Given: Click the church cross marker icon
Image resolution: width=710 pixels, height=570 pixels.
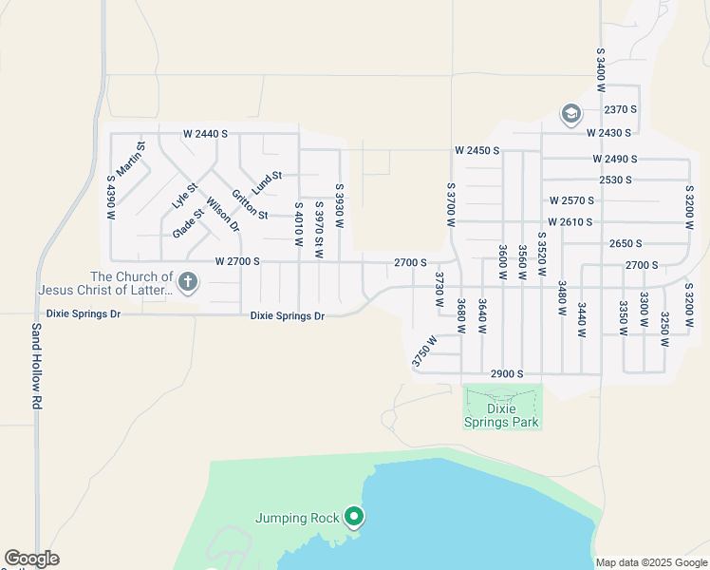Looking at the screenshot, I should point(188,281).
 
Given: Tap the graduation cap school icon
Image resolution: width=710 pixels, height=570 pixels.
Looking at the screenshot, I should point(570,115).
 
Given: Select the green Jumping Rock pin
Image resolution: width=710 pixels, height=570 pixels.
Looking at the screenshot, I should point(354,517).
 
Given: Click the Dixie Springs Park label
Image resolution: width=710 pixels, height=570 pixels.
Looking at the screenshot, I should point(501,415).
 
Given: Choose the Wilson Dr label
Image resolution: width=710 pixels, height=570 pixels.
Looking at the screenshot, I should point(222,215).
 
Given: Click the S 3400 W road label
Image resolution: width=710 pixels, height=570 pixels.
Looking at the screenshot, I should point(601,68).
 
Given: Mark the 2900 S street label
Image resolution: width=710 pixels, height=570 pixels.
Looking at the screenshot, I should point(508,374).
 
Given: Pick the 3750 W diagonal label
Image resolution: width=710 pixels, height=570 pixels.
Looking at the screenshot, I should point(424,351).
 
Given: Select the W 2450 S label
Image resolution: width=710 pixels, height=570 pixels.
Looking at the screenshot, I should point(476,150).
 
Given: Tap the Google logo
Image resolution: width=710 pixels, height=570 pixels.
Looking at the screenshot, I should point(31,560).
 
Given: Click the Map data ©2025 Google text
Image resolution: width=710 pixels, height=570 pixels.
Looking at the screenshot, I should point(650,562).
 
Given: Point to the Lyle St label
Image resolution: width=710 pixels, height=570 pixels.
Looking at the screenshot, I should point(183,196).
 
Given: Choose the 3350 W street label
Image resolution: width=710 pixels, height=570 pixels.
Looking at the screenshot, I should point(624,318).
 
